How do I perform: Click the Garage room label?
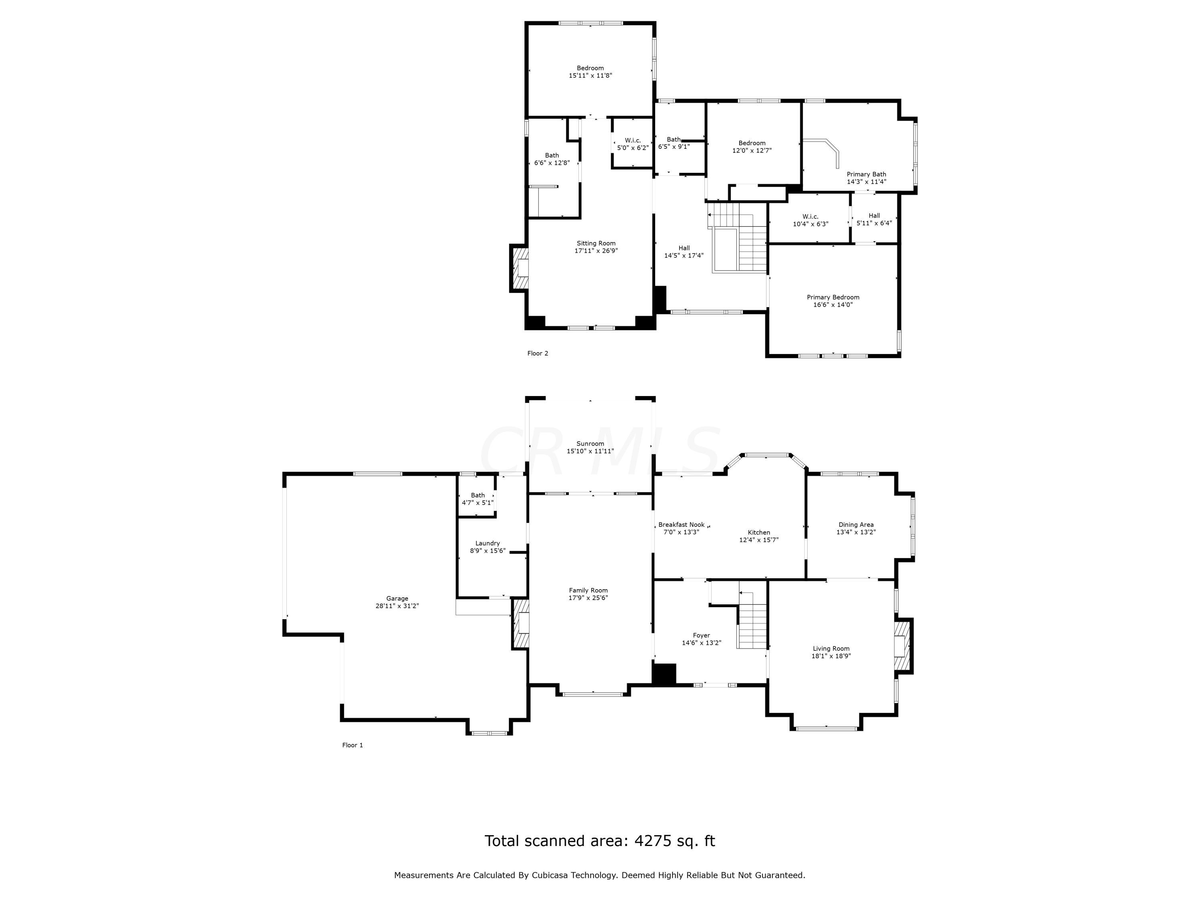point(397,598)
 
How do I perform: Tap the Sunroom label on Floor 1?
point(590,443)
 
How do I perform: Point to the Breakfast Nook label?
point(681,524)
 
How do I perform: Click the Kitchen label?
point(759,532)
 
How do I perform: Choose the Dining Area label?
point(856,524)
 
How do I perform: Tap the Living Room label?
point(831,648)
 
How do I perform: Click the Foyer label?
point(702,635)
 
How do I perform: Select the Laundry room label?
point(488,543)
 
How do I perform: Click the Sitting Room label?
point(596,243)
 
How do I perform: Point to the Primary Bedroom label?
point(833,297)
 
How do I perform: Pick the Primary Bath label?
point(866,174)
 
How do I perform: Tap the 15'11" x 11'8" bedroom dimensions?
point(590,76)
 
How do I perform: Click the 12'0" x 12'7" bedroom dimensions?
point(752,150)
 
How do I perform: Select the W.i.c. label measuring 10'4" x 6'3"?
point(810,216)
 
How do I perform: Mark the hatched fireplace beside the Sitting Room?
point(519,268)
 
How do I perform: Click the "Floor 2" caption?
point(538,353)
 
